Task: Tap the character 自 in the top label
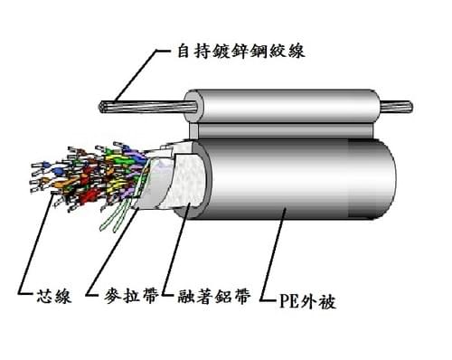click(x=184, y=51)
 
